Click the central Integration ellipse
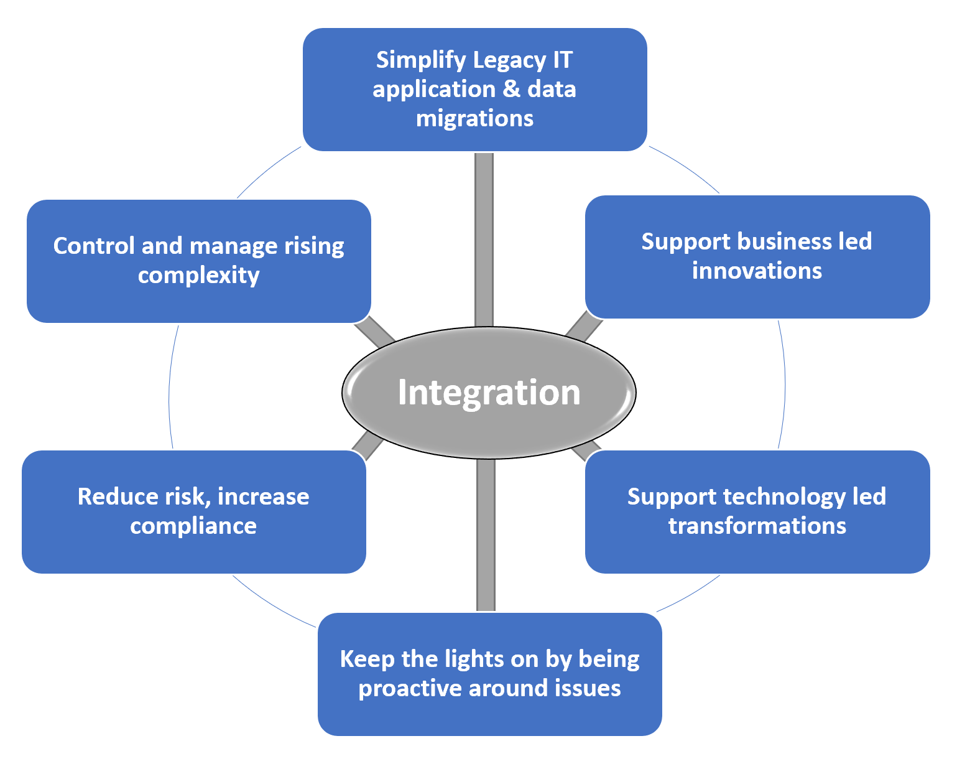(x=489, y=393)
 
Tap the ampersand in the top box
(x=511, y=89)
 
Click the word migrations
(x=474, y=118)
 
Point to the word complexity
(x=198, y=276)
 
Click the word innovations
(x=757, y=271)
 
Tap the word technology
(x=785, y=497)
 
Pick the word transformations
(x=757, y=526)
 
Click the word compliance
(x=193, y=526)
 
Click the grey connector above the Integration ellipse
(x=484, y=240)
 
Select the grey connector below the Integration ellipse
(x=486, y=535)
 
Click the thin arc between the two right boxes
(x=784, y=384)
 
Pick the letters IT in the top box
(x=562, y=60)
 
